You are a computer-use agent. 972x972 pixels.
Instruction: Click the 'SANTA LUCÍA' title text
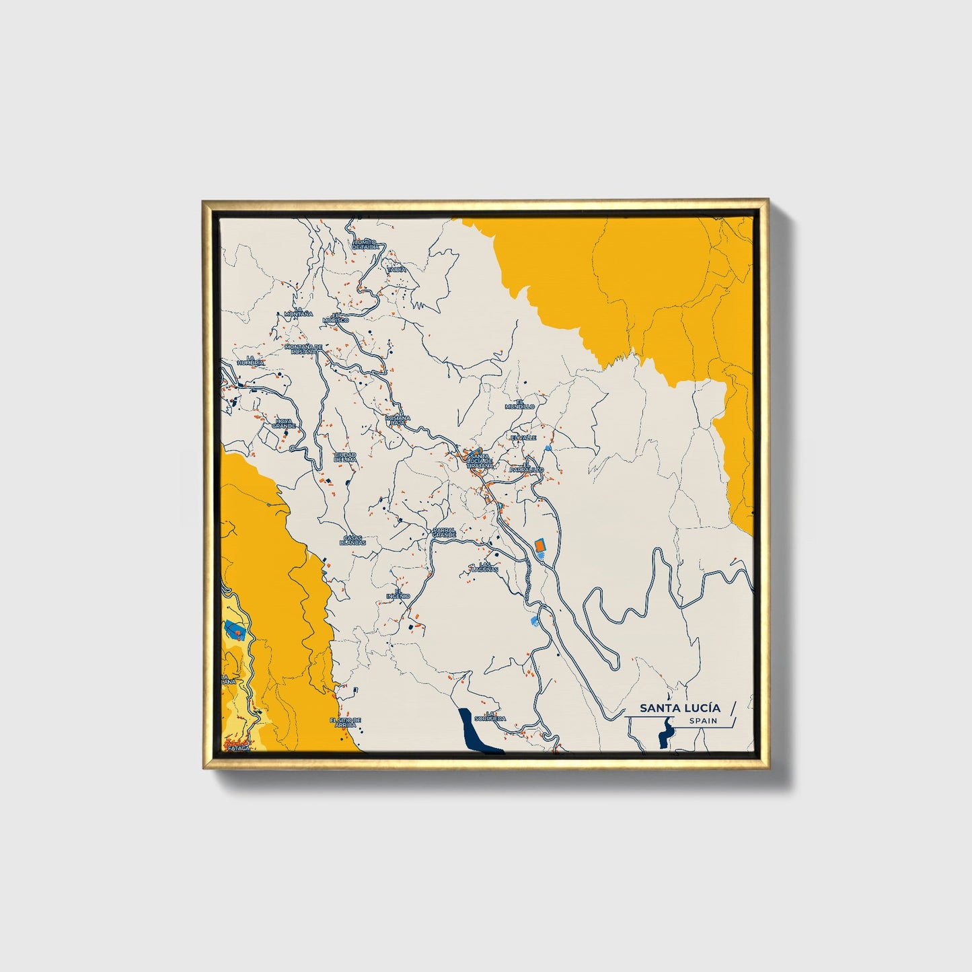[x=679, y=708]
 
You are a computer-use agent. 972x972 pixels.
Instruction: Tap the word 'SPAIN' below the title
[x=702, y=721]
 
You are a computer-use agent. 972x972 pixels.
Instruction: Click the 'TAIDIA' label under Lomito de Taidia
[x=397, y=269]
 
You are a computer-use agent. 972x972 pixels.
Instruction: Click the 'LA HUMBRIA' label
[x=255, y=360]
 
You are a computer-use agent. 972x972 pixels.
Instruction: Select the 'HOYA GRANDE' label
[x=284, y=424]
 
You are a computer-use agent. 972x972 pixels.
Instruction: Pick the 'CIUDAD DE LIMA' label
[x=345, y=457]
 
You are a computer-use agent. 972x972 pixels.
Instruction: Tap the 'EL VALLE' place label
[x=523, y=437]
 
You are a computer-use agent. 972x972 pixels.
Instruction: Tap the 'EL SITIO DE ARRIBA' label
[x=345, y=722]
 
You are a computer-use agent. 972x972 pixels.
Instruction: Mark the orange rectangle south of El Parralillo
[x=539, y=546]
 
